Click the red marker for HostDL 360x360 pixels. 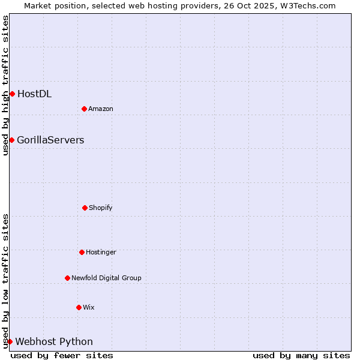coord(12,94)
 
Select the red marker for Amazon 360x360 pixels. coord(84,109)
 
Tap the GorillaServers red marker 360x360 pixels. coord(11,140)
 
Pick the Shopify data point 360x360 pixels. coord(85,208)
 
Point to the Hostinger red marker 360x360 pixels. coord(82,252)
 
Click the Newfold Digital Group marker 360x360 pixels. coord(67,278)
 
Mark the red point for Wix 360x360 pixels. coord(79,307)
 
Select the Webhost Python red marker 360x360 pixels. coord(10,341)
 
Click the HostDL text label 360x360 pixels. coord(34,94)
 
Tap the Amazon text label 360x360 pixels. coord(101,109)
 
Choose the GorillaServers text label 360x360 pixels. coord(50,140)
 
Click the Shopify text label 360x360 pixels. coord(101,208)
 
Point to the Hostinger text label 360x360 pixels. coord(101,252)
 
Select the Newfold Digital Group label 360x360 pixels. coord(106,278)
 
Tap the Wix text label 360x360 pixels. coord(89,307)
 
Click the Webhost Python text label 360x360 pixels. coord(54,341)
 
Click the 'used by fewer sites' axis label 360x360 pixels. coord(62,355)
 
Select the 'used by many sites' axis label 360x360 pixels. coord(301,355)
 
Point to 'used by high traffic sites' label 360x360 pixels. coord(5,85)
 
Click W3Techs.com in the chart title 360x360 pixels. coord(306,5)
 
